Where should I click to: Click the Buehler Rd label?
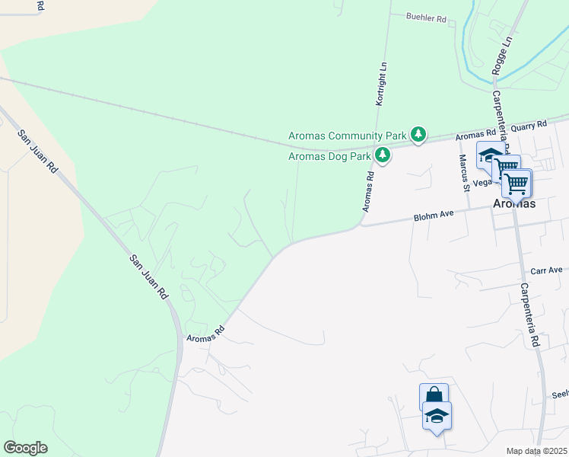point(425,18)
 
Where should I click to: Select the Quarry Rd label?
point(531,124)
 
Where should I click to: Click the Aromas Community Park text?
point(348,136)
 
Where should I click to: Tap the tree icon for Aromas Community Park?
point(418,135)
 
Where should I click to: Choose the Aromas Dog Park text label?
point(329,157)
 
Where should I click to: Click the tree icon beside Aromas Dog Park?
point(383,156)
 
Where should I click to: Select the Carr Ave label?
point(546,270)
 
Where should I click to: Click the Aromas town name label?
point(514,204)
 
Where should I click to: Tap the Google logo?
point(25,448)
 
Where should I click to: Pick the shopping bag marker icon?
point(434,396)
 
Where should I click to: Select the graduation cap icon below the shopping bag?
point(437,416)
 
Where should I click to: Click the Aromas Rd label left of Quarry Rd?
point(475,135)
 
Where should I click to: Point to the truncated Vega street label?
point(482,183)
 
